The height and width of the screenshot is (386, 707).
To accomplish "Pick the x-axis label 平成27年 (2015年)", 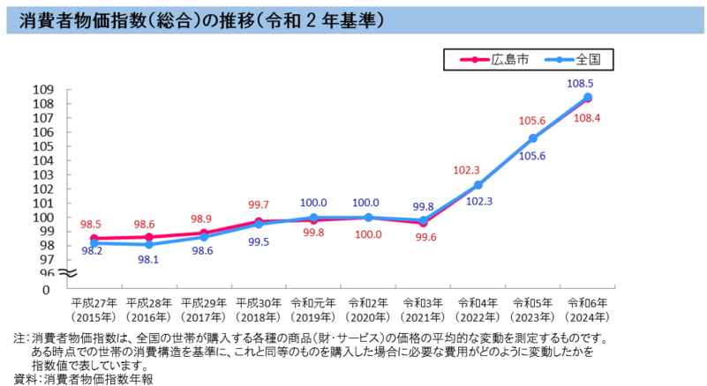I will pos(94,308).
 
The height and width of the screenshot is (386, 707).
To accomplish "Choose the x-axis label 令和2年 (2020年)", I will pos(367,308).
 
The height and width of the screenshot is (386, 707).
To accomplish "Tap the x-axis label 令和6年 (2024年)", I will pos(587,308).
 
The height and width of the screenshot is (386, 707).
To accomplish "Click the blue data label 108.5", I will pos(587,83).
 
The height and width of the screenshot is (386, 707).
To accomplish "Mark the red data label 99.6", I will pos(422,237).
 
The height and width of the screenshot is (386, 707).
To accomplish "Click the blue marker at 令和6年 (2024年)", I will pos(588,97).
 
